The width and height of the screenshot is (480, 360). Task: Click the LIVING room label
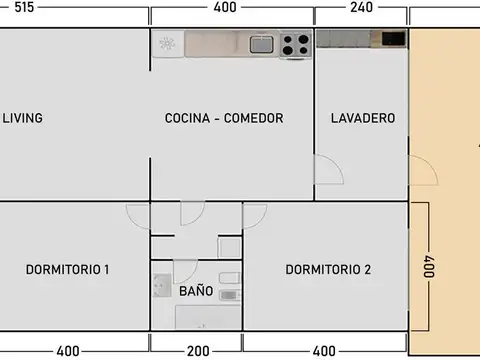pos(22,118)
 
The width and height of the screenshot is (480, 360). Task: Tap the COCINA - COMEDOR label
pos(224,118)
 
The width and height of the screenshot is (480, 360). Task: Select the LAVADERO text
pos(362,118)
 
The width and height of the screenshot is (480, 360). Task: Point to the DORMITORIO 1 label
pos(67,269)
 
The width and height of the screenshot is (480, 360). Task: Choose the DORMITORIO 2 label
pos(328,269)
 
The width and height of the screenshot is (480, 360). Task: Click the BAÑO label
pos(196,291)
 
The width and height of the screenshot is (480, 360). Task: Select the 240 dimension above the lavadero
pos(361,7)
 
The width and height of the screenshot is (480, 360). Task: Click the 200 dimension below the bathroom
pos(197,351)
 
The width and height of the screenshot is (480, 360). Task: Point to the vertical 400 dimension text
pos(429,268)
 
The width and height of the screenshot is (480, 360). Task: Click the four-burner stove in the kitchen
pos(294,44)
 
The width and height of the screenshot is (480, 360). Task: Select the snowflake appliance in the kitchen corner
pos(167,43)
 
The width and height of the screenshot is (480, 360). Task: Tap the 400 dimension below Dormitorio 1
pos(67,351)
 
